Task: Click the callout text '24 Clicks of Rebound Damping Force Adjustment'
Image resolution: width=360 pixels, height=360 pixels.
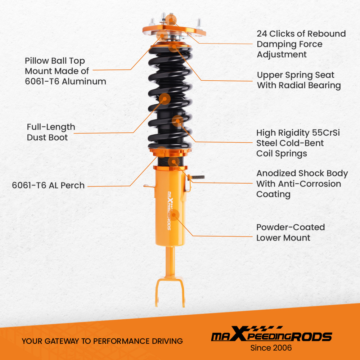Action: (301, 44)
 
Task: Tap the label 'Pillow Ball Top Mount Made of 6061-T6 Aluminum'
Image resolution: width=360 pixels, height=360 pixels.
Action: (66, 71)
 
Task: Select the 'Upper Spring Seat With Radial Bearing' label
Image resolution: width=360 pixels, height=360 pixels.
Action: (299, 80)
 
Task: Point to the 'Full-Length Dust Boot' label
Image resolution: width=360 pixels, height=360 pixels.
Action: (51, 132)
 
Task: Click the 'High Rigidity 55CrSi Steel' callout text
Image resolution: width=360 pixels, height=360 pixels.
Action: (298, 138)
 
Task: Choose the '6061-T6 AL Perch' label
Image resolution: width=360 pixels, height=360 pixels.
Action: (48, 186)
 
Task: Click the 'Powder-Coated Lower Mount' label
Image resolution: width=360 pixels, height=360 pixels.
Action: (291, 233)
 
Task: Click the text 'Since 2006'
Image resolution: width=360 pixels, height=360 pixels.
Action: (271, 348)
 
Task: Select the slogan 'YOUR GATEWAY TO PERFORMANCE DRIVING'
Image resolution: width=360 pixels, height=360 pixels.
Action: (102, 341)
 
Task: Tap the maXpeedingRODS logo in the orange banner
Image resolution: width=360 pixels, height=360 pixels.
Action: (271, 336)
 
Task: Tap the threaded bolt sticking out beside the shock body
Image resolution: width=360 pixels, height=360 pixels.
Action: (197, 177)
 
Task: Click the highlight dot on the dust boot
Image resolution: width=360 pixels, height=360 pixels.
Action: (165, 99)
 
